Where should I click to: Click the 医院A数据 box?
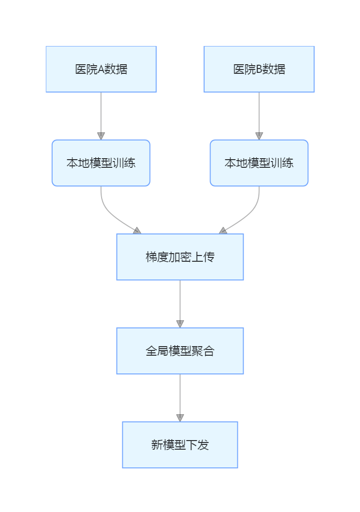101,69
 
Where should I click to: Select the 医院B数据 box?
259,69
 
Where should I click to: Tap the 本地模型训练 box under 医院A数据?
101,163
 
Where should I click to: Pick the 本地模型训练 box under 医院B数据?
259,163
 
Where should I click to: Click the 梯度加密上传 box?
180,257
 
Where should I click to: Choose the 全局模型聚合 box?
180,351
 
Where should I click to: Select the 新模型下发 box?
180,445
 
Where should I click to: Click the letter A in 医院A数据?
101,70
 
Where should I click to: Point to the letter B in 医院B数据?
259,70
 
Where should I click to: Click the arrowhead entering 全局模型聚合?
180,324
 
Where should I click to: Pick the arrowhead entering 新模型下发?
180,418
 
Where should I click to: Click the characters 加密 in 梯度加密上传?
180,257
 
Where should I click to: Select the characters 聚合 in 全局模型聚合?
203,351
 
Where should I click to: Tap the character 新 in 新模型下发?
157,445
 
